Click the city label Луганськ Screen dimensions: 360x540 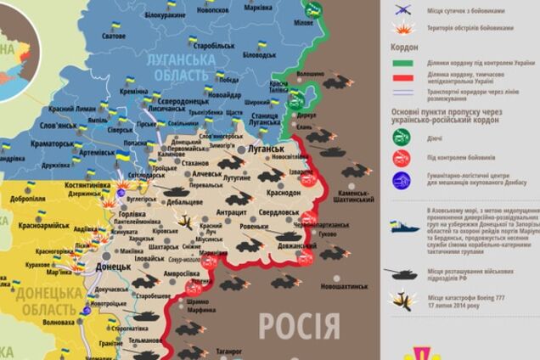click(266, 148)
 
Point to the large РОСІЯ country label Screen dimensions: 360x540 click(299, 325)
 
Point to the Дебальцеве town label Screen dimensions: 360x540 click(184, 202)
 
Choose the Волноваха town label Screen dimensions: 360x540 click(59, 323)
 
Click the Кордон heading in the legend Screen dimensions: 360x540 click(408, 48)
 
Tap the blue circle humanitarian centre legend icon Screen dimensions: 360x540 click(401, 180)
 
